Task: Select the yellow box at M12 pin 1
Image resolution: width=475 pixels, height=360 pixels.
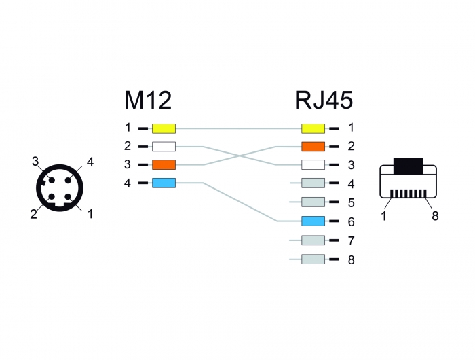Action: pos(164,128)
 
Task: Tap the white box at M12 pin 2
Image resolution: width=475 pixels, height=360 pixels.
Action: pos(164,147)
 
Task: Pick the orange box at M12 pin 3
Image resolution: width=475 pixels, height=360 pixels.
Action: pos(164,164)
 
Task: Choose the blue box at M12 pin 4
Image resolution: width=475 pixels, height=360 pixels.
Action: pos(164,183)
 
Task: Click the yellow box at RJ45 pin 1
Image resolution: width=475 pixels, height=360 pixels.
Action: pos(313,128)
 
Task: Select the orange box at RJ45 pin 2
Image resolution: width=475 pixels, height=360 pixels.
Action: pos(313,147)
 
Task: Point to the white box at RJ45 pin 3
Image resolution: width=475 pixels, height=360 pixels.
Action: pos(313,165)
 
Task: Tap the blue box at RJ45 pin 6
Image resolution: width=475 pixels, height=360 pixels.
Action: pos(313,221)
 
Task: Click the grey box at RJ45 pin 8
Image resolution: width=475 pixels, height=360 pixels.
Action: pos(313,259)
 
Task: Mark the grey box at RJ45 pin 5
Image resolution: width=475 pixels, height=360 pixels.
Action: pos(313,202)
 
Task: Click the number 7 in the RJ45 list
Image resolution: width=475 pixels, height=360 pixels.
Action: pos(351,241)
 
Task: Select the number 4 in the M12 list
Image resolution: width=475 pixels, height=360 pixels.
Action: pos(128,183)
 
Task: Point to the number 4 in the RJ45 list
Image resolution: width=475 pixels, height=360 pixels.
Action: pos(351,184)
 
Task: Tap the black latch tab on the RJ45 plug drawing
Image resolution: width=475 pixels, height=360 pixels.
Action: pos(408,166)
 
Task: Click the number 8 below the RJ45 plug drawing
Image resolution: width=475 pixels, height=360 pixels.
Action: pos(435,216)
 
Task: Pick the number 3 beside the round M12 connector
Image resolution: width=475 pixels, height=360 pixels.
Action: pos(35,162)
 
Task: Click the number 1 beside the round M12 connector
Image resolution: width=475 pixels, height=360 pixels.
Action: pos(90,214)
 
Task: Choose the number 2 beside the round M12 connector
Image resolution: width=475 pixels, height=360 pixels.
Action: pos(34,214)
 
